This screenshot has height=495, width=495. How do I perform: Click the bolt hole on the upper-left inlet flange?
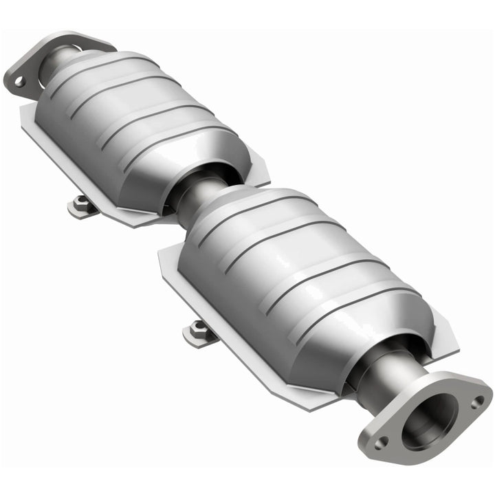tap(19, 81)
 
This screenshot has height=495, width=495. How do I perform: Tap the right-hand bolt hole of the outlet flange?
tap(476, 399)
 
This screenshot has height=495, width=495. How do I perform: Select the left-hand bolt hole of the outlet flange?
tap(380, 442)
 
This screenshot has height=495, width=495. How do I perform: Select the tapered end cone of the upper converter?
tap(206, 162)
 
